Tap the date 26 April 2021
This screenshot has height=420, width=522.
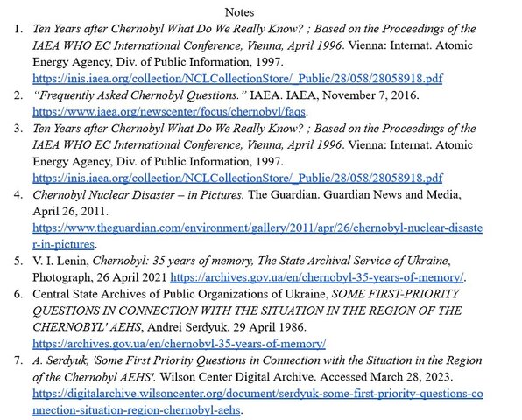(x=145, y=277)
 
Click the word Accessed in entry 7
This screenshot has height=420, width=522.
(x=344, y=376)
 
